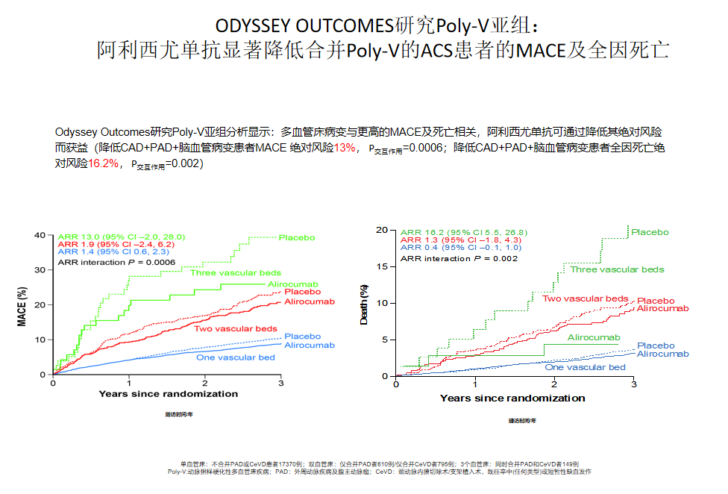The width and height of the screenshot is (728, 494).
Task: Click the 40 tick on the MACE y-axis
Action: (42, 236)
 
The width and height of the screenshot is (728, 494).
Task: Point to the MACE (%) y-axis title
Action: (22, 305)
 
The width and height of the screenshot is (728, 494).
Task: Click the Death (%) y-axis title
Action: (364, 304)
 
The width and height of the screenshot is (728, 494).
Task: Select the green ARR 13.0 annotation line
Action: (121, 236)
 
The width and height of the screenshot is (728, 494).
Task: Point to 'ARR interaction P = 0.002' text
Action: (459, 258)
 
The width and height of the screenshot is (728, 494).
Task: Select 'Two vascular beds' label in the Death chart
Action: (585, 298)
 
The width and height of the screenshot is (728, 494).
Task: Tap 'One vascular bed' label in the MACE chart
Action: (235, 357)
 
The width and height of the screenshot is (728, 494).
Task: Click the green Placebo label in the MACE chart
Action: (297, 237)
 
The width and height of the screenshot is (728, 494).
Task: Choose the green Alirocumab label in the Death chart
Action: (594, 338)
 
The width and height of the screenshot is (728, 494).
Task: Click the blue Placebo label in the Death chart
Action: (656, 346)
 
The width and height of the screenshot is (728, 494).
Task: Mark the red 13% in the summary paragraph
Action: (345, 148)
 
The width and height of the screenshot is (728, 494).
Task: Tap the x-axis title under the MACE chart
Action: (168, 394)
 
